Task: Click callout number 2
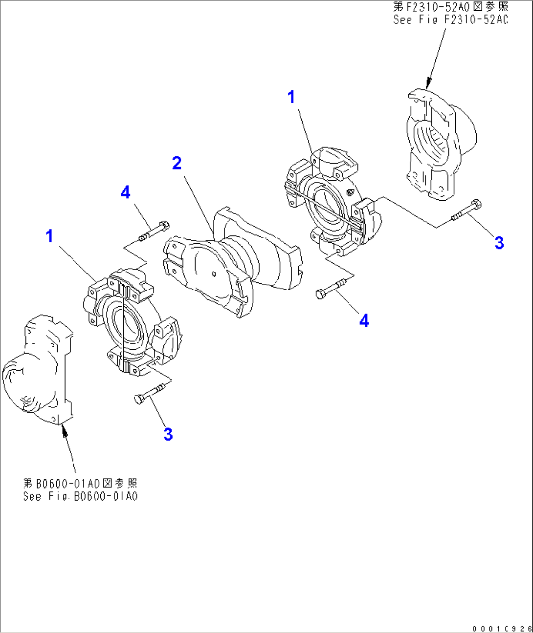tap(177, 163)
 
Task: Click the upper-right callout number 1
tap(291, 97)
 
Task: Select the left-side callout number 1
tap(49, 236)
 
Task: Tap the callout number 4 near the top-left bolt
tap(125, 192)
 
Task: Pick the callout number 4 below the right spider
tap(364, 321)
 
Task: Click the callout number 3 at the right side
tap(499, 243)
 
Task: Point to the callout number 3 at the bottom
tap(168, 434)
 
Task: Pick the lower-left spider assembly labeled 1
tap(132, 322)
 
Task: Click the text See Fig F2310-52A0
tap(450, 20)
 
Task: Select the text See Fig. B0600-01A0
tap(81, 496)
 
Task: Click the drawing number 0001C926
tap(502, 629)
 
